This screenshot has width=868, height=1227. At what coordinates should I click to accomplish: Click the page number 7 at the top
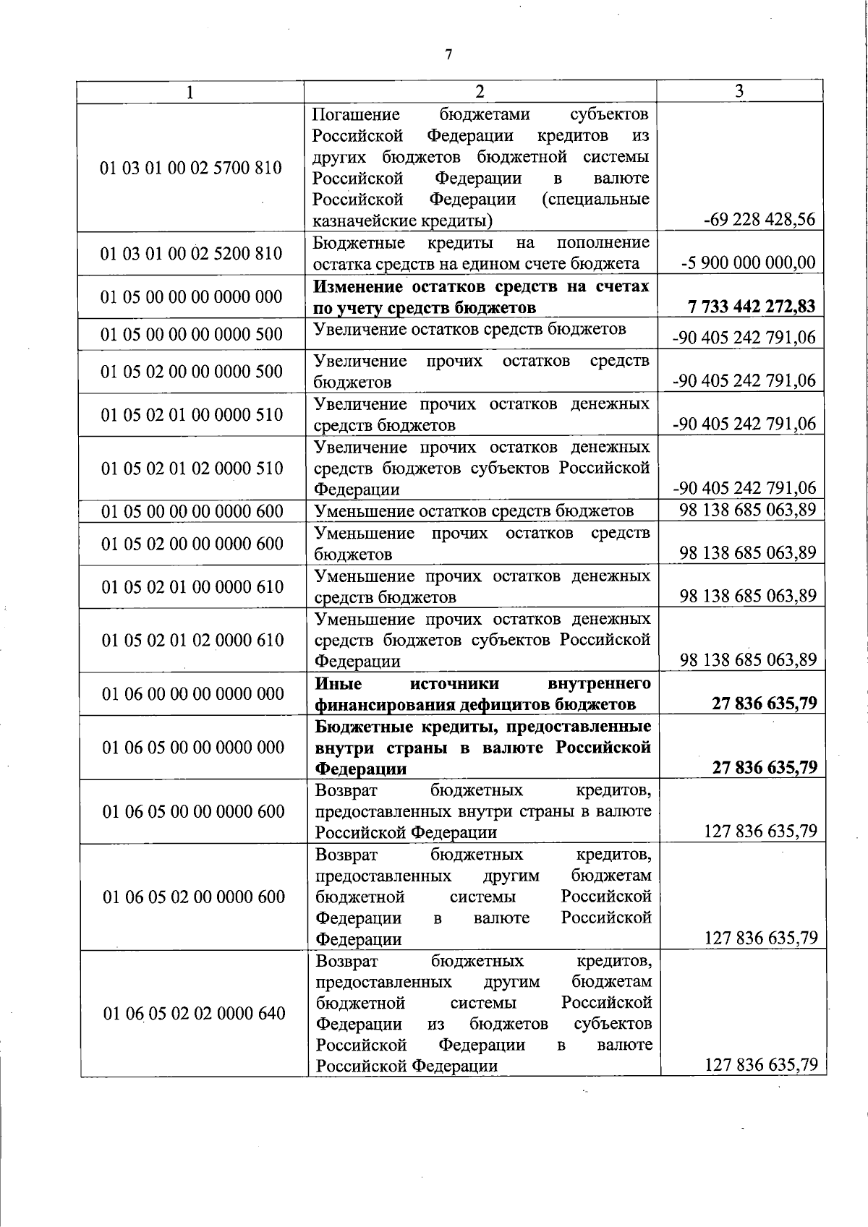[x=448, y=55]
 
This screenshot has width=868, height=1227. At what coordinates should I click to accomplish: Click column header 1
[x=190, y=92]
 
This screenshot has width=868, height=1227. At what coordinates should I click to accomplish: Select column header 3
[x=739, y=90]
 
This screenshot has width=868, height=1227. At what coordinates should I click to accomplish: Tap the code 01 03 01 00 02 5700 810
[x=191, y=168]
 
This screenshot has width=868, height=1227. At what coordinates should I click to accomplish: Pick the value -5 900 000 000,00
[x=749, y=263]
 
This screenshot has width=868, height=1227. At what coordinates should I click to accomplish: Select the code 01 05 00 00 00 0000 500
[x=192, y=335]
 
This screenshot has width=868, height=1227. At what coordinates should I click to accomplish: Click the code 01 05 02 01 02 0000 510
[x=192, y=469]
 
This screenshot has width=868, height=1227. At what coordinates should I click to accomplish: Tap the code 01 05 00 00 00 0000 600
[x=192, y=511]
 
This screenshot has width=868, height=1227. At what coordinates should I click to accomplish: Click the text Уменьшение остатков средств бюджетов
[x=474, y=511]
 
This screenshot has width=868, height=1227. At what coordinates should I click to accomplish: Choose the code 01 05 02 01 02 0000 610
[x=192, y=640]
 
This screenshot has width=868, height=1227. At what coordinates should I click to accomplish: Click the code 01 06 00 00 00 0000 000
[x=193, y=694]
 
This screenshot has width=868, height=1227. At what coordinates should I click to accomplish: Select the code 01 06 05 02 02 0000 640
[x=194, y=1014]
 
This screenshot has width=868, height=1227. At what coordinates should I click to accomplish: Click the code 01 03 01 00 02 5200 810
[x=191, y=254]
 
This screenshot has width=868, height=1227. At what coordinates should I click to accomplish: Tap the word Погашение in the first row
[x=356, y=115]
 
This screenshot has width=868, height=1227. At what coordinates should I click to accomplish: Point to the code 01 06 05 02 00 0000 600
[x=194, y=897]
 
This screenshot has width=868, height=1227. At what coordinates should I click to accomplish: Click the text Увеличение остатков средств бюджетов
[x=469, y=330]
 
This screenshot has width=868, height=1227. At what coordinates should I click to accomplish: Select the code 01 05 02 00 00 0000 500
[x=192, y=372]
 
